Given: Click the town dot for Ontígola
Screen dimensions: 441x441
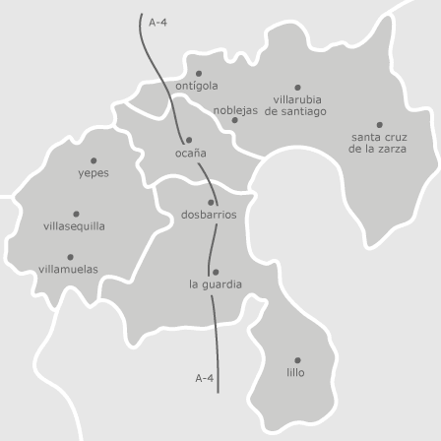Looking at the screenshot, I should click(198, 73).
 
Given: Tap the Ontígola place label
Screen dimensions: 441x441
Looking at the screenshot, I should click(197, 86).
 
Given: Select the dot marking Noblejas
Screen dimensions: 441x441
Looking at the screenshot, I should click(234, 120).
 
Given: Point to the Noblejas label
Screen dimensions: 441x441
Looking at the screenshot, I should click(235, 110).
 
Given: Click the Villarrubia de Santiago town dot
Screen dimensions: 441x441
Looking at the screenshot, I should click(297, 88).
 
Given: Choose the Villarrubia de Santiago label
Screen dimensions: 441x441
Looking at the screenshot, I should click(296, 105).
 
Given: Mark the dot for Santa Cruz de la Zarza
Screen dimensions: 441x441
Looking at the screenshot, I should click(379, 125).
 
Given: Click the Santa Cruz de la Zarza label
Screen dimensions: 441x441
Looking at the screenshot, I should click(379, 143).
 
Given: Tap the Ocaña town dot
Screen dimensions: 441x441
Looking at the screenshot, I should click(189, 140).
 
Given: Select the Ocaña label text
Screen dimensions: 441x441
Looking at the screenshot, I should click(190, 153).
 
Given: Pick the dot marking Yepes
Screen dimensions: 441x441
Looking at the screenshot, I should click(94, 160).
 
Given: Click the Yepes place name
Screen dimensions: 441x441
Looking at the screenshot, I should click(94, 173).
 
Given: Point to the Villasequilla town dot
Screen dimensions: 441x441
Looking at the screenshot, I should click(76, 214).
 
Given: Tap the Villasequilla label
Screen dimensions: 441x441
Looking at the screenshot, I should click(74, 226).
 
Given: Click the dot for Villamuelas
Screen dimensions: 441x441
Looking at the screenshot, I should click(70, 257).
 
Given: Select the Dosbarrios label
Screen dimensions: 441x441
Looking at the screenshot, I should click(209, 215).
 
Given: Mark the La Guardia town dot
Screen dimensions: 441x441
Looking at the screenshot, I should click(216, 272).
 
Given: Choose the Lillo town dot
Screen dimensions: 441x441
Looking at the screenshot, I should click(297, 360).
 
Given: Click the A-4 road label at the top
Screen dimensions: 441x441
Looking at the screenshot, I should click(157, 22).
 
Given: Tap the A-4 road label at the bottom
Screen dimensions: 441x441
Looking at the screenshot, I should click(204, 378).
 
